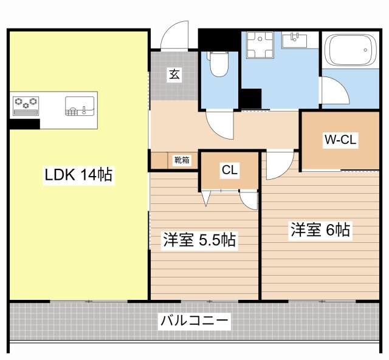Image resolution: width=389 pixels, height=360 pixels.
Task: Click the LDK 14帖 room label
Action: pyautogui.click(x=78, y=175)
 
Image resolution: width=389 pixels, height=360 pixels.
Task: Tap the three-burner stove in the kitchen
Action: pyautogui.click(x=25, y=104)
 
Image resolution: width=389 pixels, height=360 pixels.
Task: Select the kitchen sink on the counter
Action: pyautogui.click(x=80, y=105)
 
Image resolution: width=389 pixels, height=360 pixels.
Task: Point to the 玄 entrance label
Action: pyautogui.click(x=174, y=75)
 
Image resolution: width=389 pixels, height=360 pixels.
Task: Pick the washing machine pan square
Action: pyautogui.click(x=260, y=44)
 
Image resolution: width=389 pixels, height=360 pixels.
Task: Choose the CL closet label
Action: pyautogui.click(x=229, y=171)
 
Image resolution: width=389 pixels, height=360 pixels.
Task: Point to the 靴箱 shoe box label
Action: pyautogui.click(x=181, y=161)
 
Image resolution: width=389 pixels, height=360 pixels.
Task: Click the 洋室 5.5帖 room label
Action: pyautogui.click(x=199, y=240)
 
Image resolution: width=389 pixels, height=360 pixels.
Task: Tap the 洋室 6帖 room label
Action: pyautogui.click(x=320, y=230)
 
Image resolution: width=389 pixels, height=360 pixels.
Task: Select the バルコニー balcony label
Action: pyautogui.click(x=194, y=321)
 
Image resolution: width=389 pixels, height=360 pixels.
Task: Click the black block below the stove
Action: pyautogui.click(x=24, y=124)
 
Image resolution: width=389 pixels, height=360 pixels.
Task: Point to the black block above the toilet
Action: pyautogui.click(x=219, y=39)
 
